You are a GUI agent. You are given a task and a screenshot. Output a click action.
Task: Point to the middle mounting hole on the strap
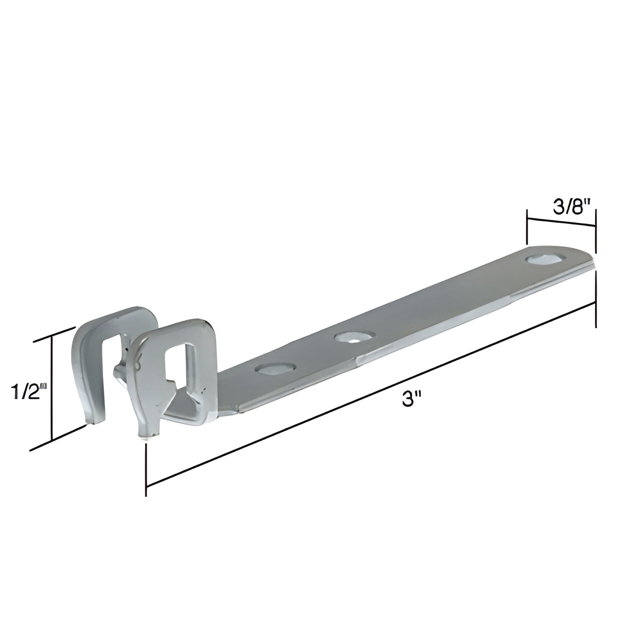click(x=354, y=337)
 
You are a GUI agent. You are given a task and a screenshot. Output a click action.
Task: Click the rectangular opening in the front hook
click(x=178, y=362)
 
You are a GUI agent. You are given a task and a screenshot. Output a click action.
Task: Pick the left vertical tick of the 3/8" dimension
click(x=528, y=227)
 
